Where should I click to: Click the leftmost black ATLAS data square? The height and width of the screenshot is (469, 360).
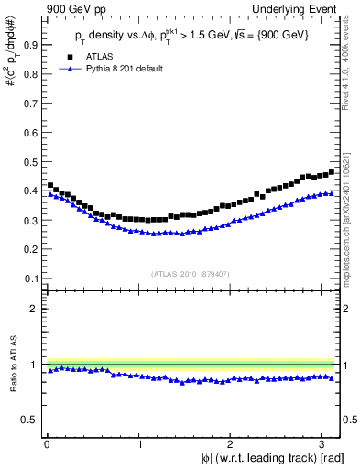(50, 185)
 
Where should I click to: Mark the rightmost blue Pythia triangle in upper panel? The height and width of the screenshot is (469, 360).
(331, 193)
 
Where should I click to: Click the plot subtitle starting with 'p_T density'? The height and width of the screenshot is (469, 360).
(192, 35)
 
